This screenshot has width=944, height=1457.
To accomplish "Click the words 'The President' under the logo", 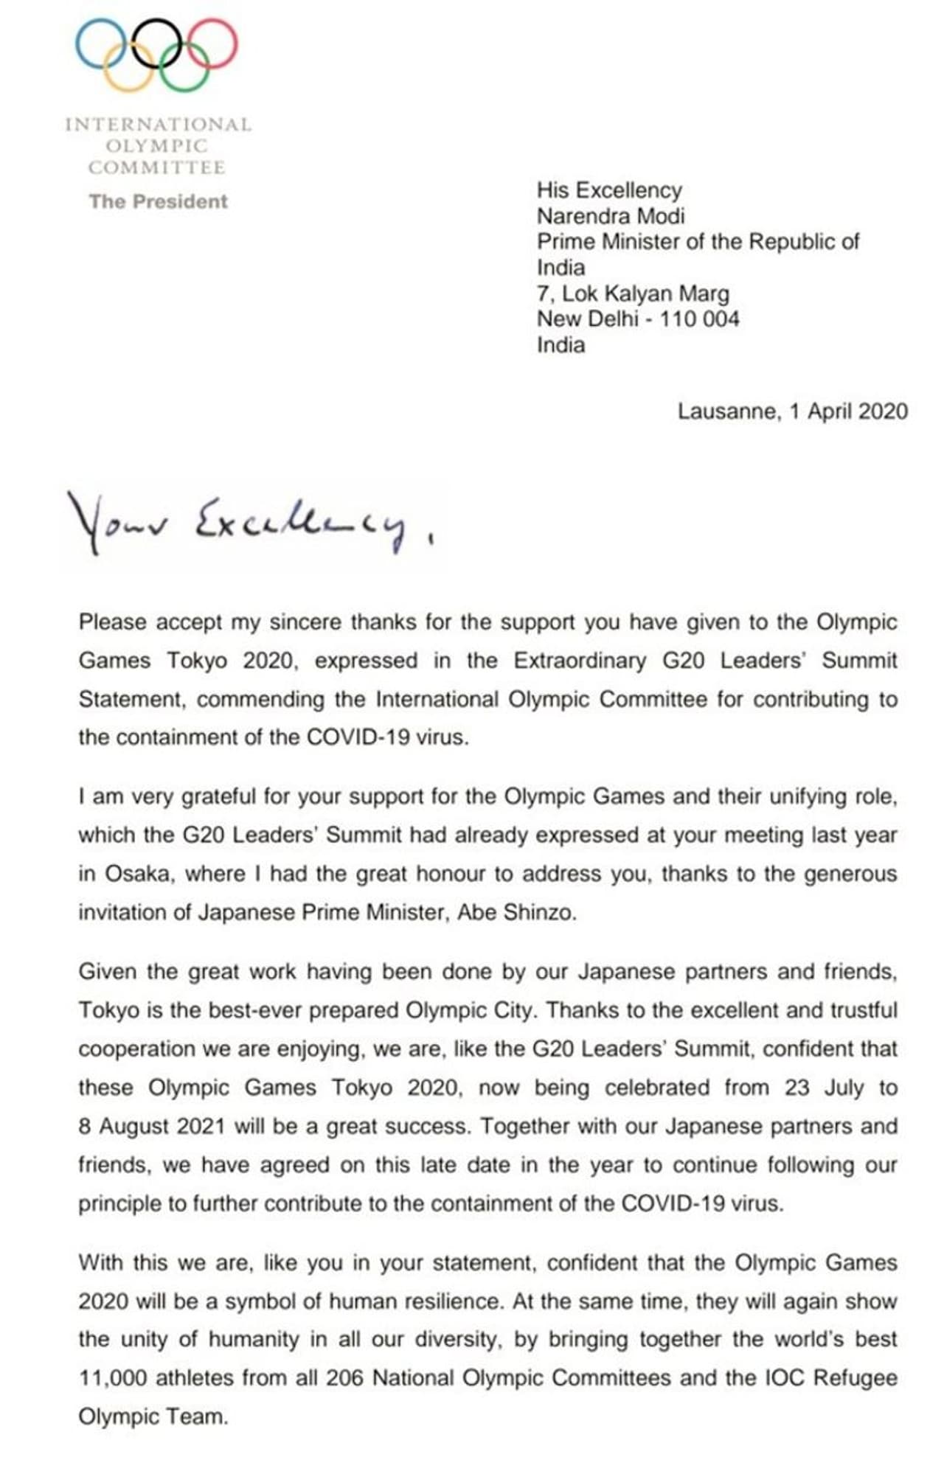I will [x=158, y=201].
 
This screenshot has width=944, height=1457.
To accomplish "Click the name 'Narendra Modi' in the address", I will [x=611, y=216].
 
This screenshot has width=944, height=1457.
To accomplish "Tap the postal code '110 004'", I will [x=699, y=319].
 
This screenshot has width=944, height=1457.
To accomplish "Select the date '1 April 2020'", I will [x=848, y=411].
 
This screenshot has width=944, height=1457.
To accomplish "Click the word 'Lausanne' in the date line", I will [x=726, y=411].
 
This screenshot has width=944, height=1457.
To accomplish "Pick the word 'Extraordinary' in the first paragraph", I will [x=580, y=660].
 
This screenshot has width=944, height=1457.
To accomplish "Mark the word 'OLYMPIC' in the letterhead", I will [x=156, y=145].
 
